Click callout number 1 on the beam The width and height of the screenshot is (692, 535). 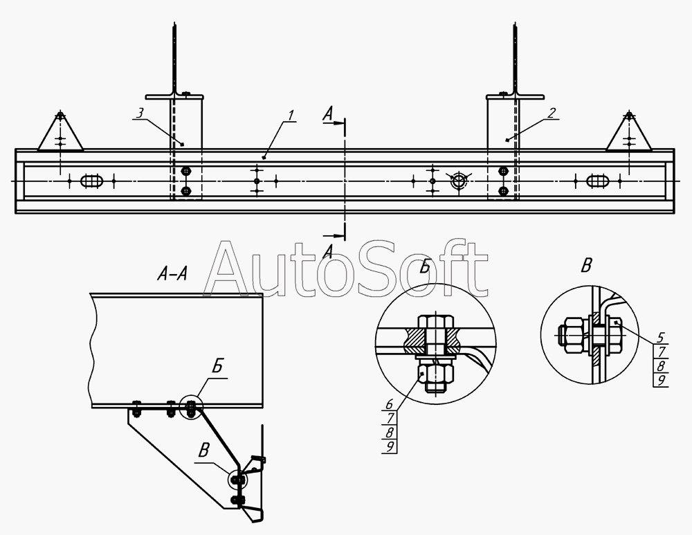click(291, 115)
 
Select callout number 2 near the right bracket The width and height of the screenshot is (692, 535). click(552, 113)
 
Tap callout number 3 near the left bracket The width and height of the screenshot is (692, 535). click(140, 113)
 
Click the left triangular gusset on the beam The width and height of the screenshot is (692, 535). click(60, 132)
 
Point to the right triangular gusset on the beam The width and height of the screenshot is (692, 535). click(629, 132)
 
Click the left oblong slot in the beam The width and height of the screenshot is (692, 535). click(92, 181)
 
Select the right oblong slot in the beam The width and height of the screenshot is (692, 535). click(598, 181)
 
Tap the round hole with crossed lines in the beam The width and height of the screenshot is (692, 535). click(459, 180)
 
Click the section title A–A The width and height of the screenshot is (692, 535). click(172, 275)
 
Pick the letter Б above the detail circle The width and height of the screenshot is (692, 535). click(425, 266)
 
